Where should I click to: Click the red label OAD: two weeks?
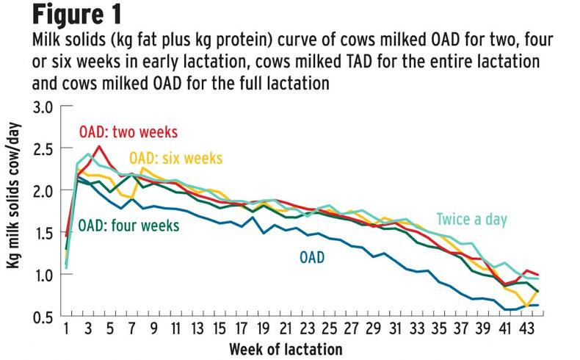coord(128,132)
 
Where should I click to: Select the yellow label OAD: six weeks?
coord(175,158)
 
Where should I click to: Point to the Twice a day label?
coord(472,220)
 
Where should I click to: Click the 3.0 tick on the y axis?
coord(43,107)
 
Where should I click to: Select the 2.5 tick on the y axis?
coord(43,148)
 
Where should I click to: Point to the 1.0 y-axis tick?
coord(43,275)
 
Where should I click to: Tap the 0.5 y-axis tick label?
coord(43,317)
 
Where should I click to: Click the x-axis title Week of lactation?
coord(285,346)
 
